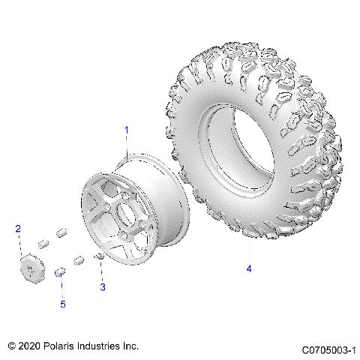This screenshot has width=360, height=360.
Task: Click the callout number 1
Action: pyautogui.click(x=126, y=130)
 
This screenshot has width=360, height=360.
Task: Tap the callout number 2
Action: pyautogui.click(x=18, y=229)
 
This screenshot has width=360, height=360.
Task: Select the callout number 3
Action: pyautogui.click(x=103, y=286)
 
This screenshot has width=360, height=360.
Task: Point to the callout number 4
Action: pyautogui.click(x=249, y=268)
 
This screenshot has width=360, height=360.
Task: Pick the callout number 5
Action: pyautogui.click(x=63, y=304)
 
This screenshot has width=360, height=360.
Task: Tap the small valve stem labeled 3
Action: pyautogui.click(x=97, y=257)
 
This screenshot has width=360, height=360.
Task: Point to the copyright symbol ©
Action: pyautogui.click(x=11, y=346)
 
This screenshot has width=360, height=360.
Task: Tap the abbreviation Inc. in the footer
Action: pyautogui.click(x=130, y=346)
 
